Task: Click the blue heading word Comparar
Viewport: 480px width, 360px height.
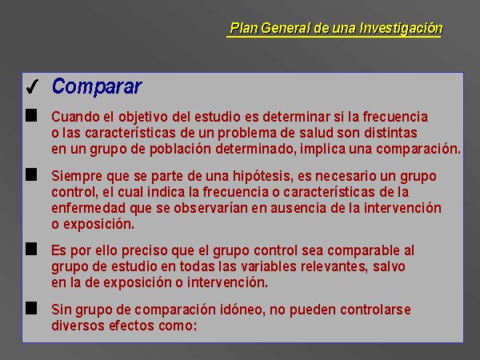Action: pyautogui.click(x=97, y=86)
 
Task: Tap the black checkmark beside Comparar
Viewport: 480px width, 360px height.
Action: pyautogui.click(x=32, y=86)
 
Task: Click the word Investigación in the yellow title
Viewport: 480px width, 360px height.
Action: pyautogui.click(x=401, y=28)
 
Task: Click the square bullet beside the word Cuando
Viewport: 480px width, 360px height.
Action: pyautogui.click(x=31, y=116)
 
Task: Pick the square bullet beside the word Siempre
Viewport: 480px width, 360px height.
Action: pyautogui.click(x=31, y=174)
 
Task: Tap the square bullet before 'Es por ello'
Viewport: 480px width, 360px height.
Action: pyautogui.click(x=31, y=249)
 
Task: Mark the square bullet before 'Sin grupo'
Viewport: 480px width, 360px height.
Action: pyautogui.click(x=31, y=308)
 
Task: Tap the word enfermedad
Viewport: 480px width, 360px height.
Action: pyautogui.click(x=89, y=208)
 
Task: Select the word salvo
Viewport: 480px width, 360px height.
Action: pyautogui.click(x=389, y=266)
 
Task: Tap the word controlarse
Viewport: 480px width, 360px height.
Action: pyautogui.click(x=375, y=310)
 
